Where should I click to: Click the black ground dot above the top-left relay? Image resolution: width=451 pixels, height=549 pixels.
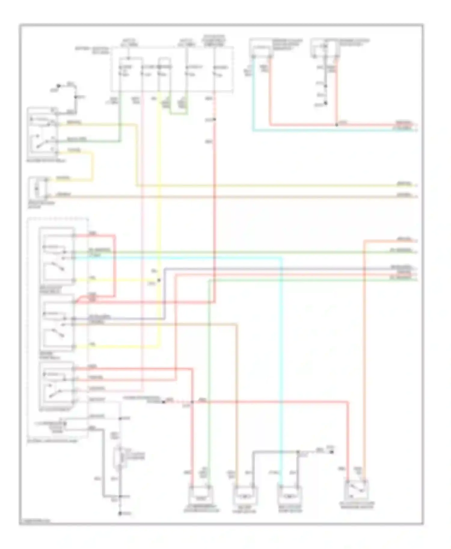click(x=59, y=86)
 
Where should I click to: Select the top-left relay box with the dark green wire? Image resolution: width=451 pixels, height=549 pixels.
click(x=42, y=132)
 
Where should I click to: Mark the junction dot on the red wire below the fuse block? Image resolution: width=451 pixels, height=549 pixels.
click(x=215, y=120)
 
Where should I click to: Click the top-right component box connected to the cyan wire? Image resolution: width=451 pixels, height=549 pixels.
click(x=261, y=48)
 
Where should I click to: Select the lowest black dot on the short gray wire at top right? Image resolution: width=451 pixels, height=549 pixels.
click(x=325, y=103)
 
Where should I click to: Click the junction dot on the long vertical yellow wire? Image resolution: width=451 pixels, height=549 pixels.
click(x=159, y=280)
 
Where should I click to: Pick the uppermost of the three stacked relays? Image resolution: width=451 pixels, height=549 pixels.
click(x=57, y=255)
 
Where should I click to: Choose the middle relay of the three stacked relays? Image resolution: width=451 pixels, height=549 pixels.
click(x=57, y=322)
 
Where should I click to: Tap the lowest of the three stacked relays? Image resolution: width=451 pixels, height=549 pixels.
click(x=57, y=385)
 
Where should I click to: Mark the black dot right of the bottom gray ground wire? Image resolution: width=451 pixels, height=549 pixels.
click(x=332, y=451)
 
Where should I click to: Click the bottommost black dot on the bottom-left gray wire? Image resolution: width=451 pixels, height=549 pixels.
click(x=120, y=513)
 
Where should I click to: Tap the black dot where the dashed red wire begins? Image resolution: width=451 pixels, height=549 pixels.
click(x=164, y=402)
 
